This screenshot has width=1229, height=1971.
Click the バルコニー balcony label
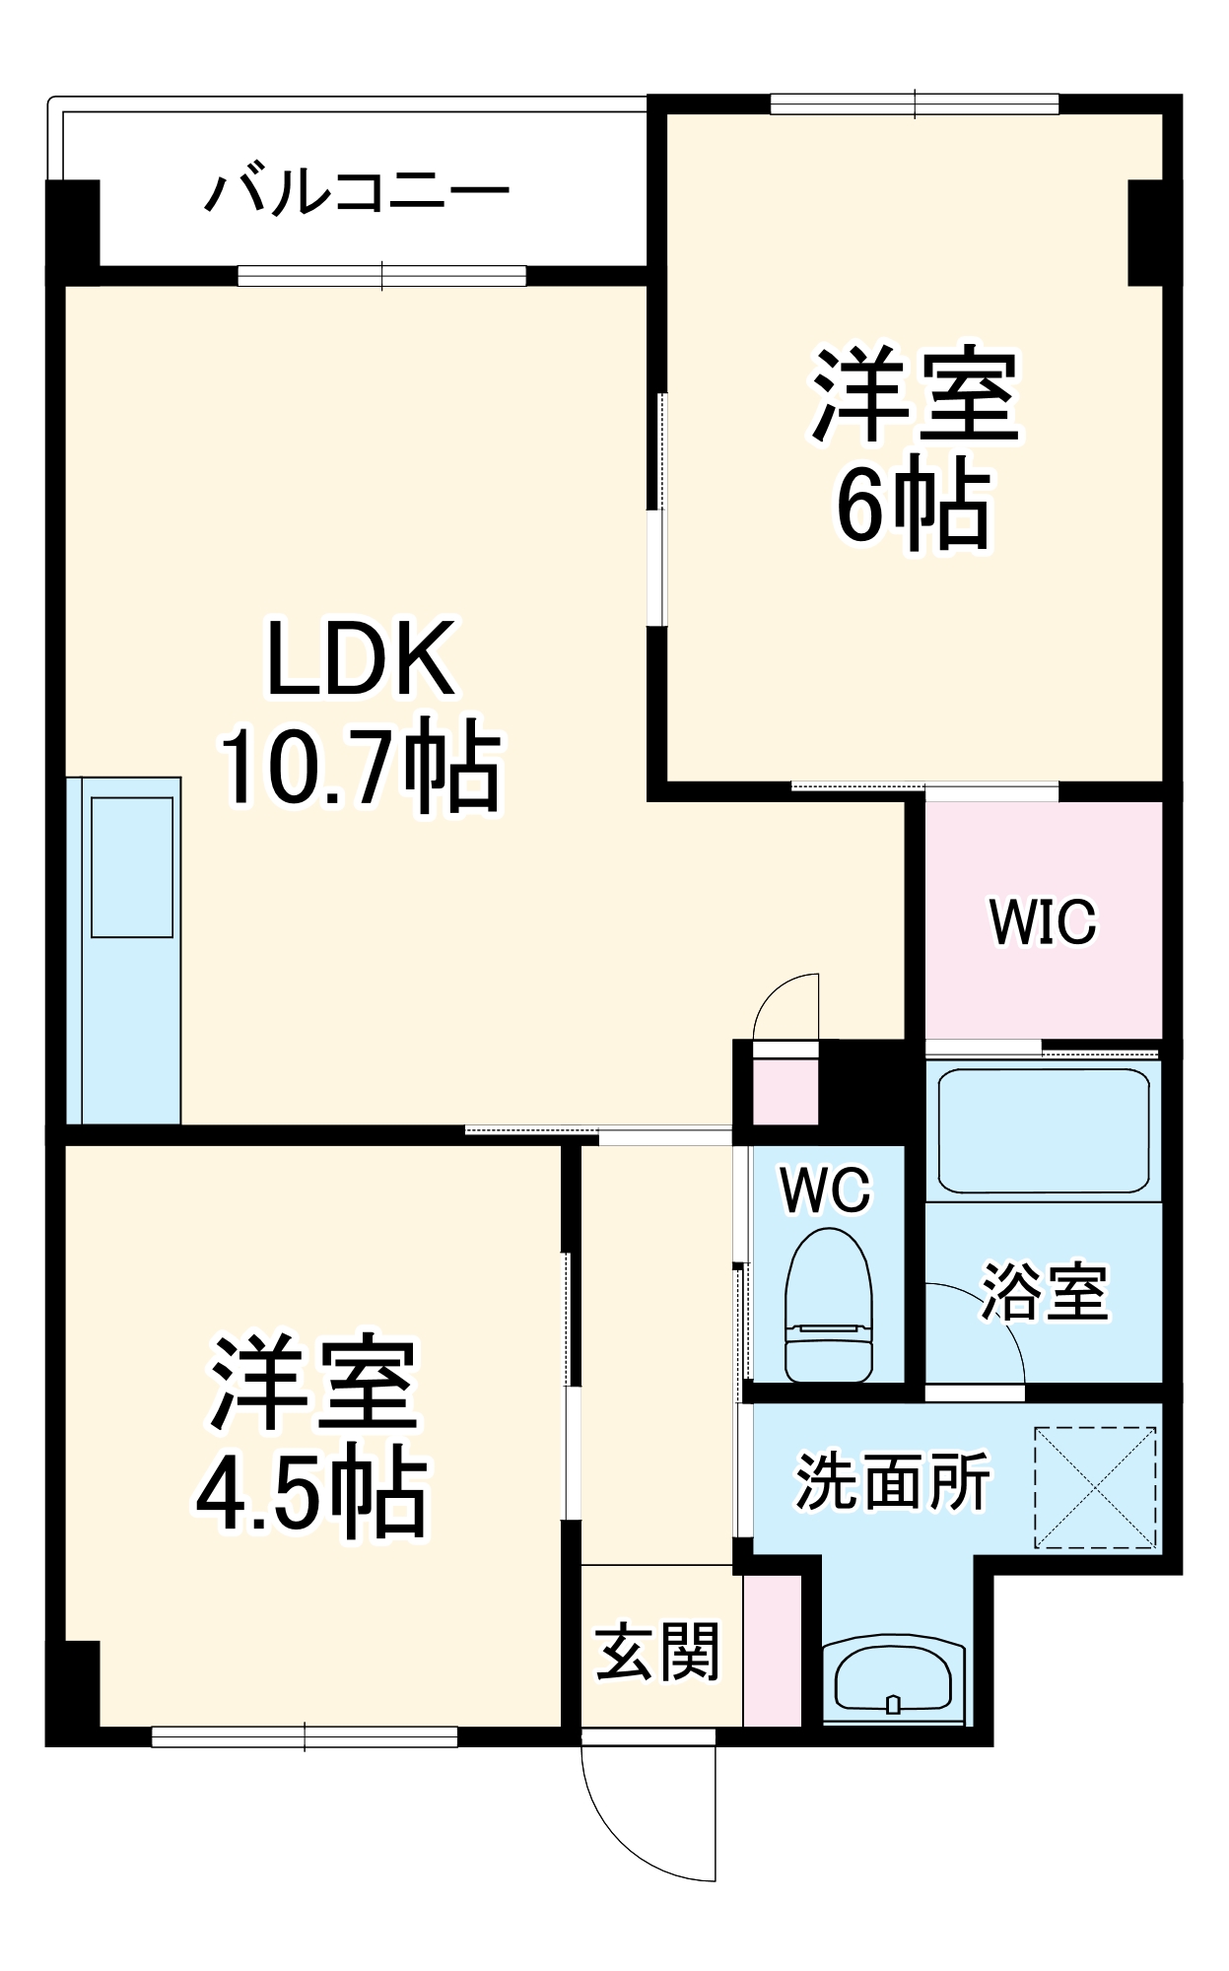pyautogui.click(x=357, y=192)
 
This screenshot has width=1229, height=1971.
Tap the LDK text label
pyautogui.click(x=361, y=658)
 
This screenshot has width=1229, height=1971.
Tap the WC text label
pyautogui.click(x=826, y=1189)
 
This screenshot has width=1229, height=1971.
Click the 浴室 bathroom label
pyautogui.click(x=1045, y=1291)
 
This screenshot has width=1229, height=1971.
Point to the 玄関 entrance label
pyautogui.click(x=657, y=1652)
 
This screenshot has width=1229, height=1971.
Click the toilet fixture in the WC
pyautogui.click(x=828, y=1305)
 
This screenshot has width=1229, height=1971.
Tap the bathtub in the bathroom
pyautogui.click(x=1044, y=1130)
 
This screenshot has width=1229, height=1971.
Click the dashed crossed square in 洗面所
pyautogui.click(x=1095, y=1487)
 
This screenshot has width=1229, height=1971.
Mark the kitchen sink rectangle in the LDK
pyautogui.click(x=132, y=866)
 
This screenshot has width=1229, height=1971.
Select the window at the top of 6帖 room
pyautogui.click(x=915, y=103)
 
